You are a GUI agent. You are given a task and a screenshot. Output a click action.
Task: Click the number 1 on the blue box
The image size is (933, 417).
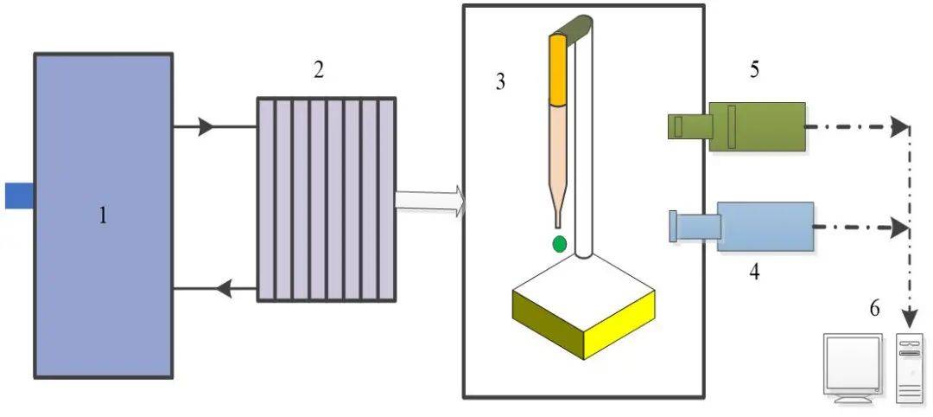click(103, 215)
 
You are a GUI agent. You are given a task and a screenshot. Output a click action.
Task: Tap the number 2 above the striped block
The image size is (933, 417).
click(319, 71)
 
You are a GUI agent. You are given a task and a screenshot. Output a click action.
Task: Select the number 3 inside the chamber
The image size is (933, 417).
click(500, 82)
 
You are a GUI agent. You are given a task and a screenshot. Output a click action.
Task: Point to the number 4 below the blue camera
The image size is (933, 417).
click(754, 272)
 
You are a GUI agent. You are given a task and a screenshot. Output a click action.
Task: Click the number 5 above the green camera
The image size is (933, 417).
click(754, 70)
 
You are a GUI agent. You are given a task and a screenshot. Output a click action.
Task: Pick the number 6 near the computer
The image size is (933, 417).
click(874, 309)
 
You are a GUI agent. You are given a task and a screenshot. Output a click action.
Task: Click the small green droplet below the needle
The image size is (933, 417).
click(560, 244)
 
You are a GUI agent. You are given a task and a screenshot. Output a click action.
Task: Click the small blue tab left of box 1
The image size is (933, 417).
click(18, 196)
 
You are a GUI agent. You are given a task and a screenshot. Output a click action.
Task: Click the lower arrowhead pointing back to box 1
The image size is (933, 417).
click(222, 289)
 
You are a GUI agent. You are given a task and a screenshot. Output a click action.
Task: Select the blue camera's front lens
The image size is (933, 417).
click(674, 227)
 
